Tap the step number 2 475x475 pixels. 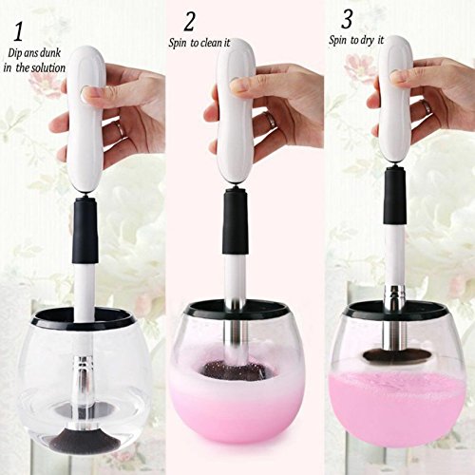(189, 23)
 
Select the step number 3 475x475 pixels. (347, 19)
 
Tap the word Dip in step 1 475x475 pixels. (16, 53)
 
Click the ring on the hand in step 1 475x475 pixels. (120, 129)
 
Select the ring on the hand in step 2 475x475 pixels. (271, 119)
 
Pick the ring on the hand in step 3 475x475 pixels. (427, 106)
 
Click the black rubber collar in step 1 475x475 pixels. (84, 232)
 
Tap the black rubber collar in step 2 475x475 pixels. (235, 221)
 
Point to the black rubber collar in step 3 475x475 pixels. (395, 197)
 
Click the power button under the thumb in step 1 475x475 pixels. (83, 95)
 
